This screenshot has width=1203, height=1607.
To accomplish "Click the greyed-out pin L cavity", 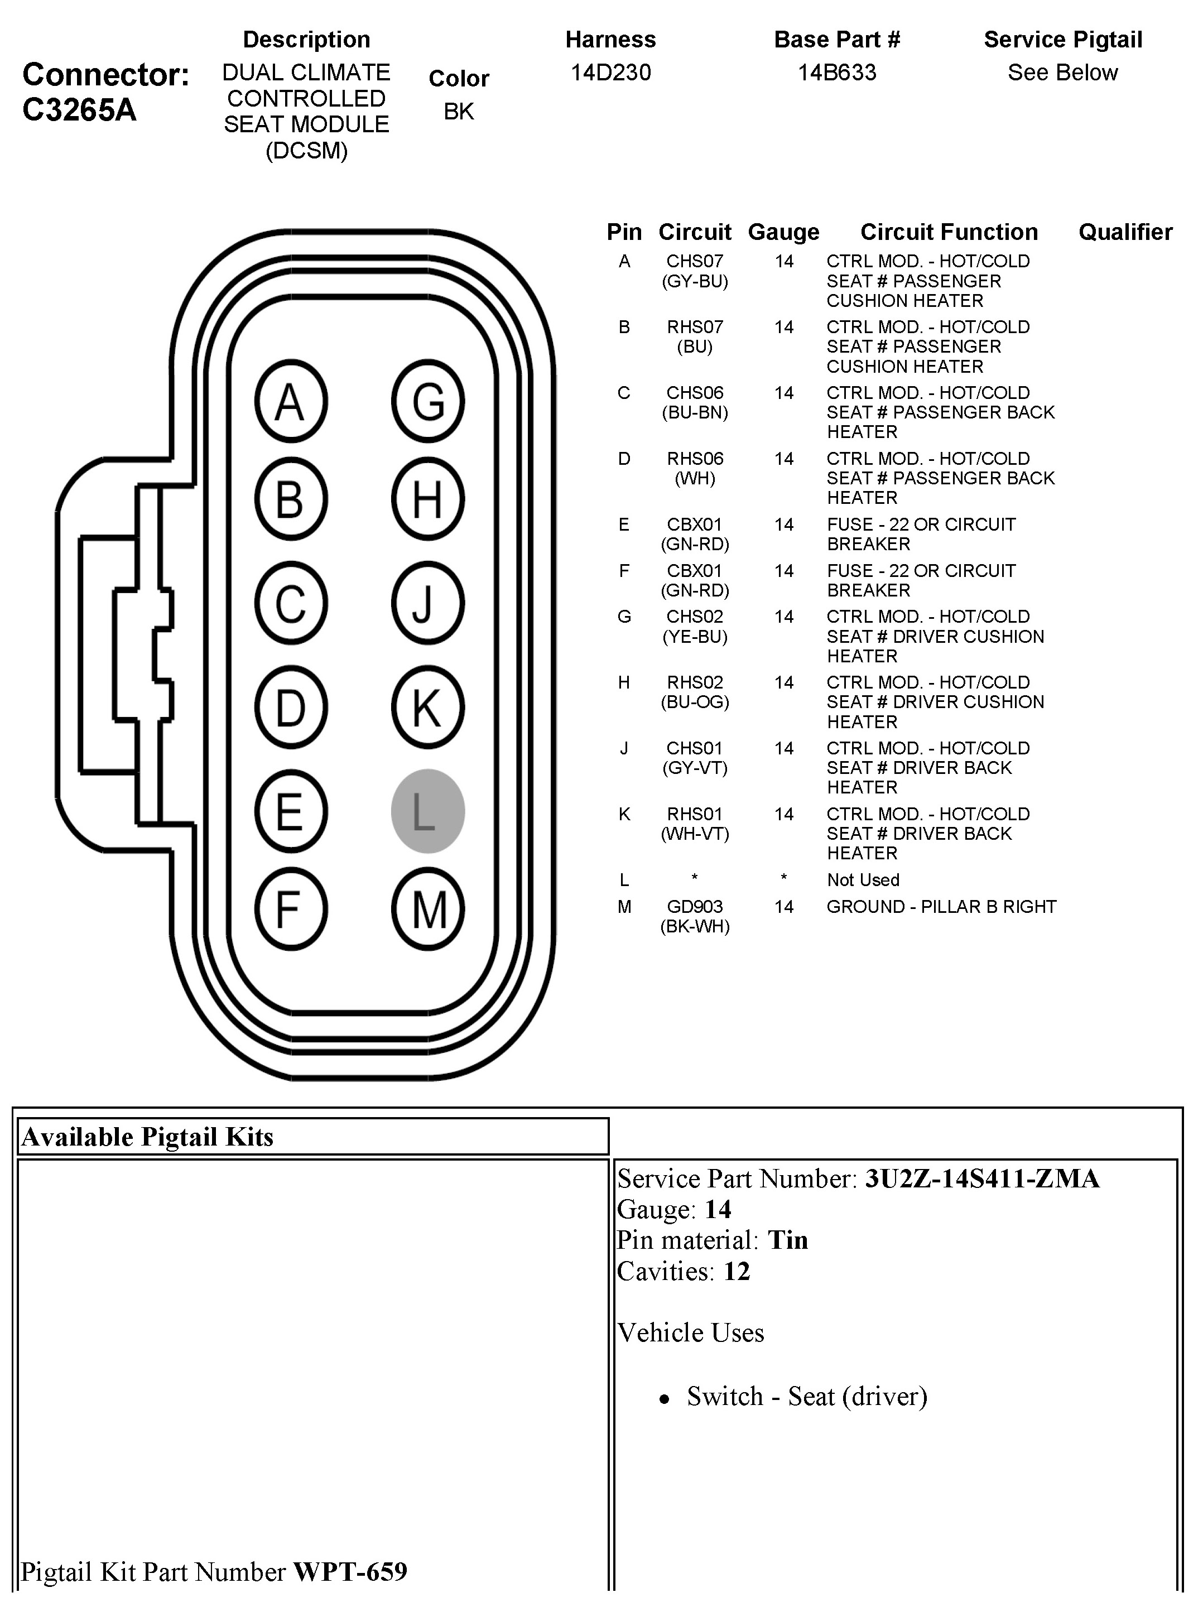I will (x=427, y=811).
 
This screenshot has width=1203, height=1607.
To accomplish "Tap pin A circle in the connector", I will (x=291, y=401).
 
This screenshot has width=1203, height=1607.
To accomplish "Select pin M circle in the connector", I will (x=427, y=909).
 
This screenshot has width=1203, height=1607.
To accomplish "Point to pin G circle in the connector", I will (x=427, y=401).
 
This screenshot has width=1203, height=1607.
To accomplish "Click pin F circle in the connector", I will (x=291, y=909).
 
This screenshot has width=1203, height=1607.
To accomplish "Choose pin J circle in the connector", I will (x=427, y=603).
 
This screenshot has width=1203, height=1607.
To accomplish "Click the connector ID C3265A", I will (x=79, y=110).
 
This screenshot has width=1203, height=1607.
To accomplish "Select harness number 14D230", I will (x=610, y=73).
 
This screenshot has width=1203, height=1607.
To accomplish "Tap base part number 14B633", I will (x=837, y=73).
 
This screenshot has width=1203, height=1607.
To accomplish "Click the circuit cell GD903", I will (x=695, y=907).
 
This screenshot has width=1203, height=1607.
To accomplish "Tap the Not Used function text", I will (x=863, y=880).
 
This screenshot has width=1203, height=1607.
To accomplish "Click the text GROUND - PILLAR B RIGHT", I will (x=941, y=907).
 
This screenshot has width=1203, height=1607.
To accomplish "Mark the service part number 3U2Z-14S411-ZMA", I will (x=981, y=1178).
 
